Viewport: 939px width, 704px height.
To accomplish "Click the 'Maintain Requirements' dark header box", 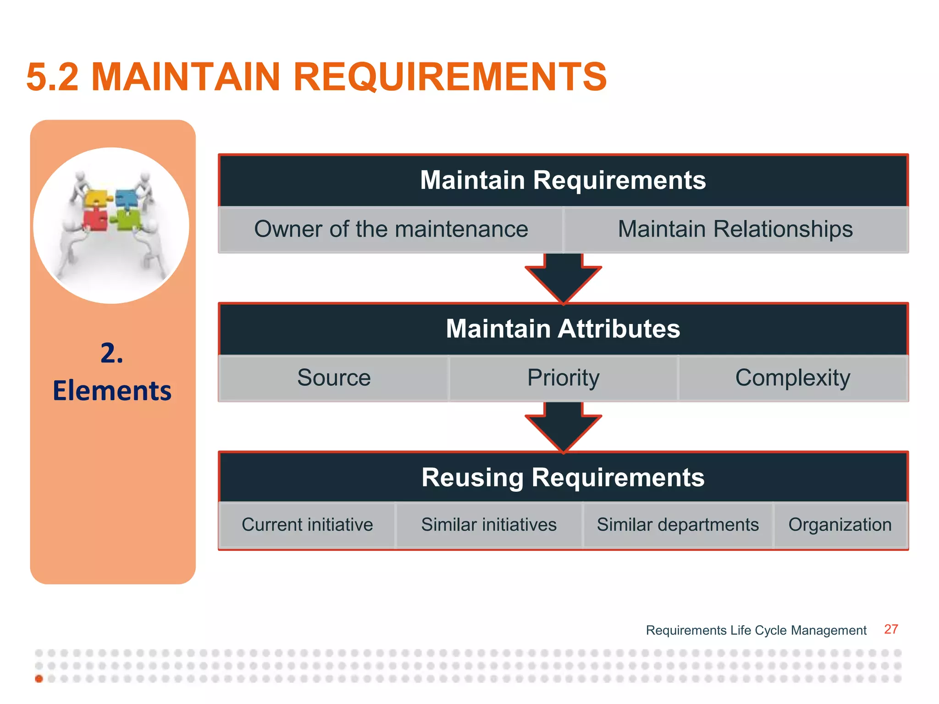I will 563,180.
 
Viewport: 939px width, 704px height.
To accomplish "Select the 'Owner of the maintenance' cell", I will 391,229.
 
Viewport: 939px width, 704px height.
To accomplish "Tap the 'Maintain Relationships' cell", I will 735,229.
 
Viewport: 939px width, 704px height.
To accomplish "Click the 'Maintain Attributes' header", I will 563,329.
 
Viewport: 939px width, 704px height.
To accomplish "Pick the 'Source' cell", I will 334,378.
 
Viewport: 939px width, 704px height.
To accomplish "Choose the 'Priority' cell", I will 563,378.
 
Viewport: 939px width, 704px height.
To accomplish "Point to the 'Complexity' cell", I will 793,378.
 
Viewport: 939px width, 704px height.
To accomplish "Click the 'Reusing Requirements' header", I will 563,478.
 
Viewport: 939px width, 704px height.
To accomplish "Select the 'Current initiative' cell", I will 307,525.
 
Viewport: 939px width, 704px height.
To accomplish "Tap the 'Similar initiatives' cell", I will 489,525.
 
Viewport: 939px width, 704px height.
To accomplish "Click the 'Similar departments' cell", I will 678,525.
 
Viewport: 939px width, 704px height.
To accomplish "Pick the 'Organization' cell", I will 840,525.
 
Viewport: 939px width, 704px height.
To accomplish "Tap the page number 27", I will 891,629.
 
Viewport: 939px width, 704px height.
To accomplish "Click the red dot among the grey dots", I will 39,679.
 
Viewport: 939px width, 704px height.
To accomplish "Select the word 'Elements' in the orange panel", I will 112,391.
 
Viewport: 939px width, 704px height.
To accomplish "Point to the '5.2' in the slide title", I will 53,77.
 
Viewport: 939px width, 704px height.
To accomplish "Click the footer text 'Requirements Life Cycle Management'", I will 756,631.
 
